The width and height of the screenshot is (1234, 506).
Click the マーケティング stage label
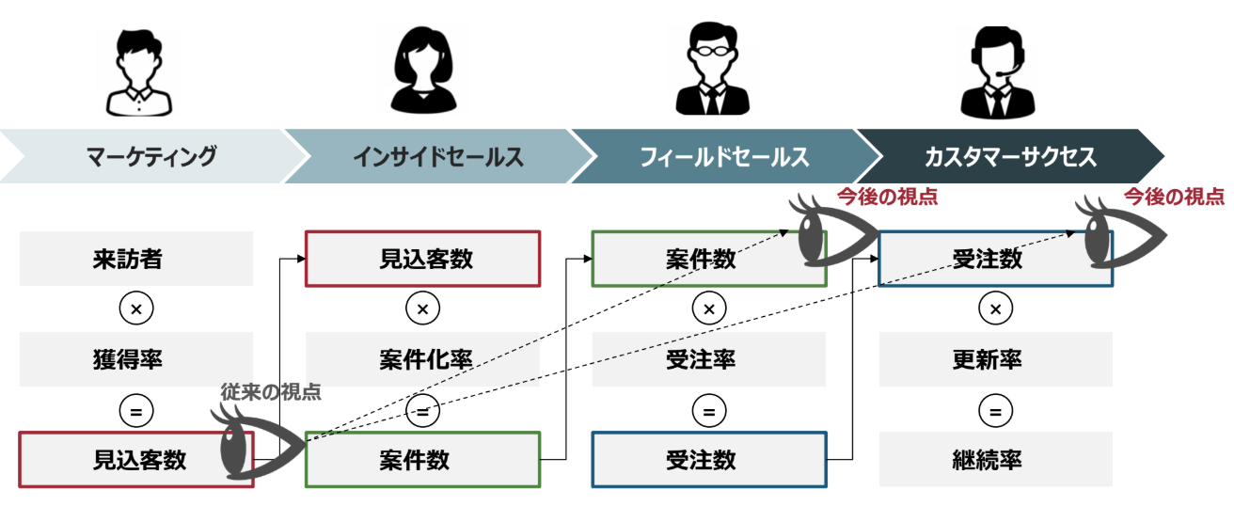tap(151, 156)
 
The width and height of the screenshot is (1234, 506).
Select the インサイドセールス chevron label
tap(438, 156)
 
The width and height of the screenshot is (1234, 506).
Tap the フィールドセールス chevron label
tap(723, 156)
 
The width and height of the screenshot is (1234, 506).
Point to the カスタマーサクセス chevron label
tap(1010, 156)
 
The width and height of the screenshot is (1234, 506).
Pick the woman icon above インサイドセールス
tap(422, 71)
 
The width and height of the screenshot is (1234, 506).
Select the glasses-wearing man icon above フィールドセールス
tap(712, 71)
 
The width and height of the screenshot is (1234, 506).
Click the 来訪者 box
tap(136, 259)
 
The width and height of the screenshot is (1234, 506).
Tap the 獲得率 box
tap(136, 359)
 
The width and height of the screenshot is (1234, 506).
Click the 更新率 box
tap(996, 359)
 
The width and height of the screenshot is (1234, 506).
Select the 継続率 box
tap(996, 459)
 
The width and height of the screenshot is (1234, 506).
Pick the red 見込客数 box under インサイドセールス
tap(422, 259)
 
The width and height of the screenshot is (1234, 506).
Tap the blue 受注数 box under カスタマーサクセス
tap(996, 259)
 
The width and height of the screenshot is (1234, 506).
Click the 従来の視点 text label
tap(271, 392)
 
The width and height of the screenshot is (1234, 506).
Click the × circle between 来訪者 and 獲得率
tap(136, 308)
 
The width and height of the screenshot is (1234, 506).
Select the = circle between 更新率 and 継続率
tap(996, 410)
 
